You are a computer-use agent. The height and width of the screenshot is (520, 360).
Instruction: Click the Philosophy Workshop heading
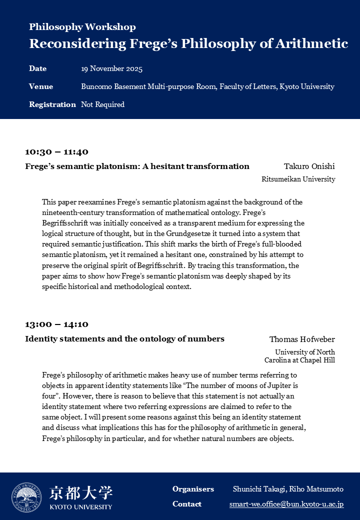(82, 27)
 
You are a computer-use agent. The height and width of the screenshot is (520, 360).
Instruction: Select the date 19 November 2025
(111, 69)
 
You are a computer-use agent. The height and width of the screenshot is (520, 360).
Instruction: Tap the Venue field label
(41, 86)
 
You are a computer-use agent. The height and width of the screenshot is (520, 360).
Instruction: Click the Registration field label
(52, 104)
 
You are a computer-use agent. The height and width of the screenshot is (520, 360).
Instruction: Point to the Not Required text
(102, 104)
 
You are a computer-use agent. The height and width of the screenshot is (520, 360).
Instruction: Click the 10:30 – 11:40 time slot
(56, 152)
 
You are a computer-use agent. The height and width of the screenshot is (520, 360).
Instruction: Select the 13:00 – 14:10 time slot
(56, 324)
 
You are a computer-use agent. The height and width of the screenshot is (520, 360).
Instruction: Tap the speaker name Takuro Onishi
(309, 166)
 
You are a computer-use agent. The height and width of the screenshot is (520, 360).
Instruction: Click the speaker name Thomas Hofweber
(302, 339)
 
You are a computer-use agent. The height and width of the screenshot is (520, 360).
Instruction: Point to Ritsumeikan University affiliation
(298, 179)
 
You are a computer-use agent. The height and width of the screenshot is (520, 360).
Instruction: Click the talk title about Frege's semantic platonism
(137, 166)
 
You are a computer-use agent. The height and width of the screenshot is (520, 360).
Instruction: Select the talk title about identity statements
(124, 339)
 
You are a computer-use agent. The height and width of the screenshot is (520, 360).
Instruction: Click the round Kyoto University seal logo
(26, 497)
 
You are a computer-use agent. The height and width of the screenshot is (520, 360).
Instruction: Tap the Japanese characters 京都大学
(80, 493)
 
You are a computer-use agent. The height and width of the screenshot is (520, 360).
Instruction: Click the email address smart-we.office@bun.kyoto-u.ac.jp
(286, 504)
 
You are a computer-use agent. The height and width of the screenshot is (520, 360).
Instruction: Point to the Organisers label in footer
(193, 489)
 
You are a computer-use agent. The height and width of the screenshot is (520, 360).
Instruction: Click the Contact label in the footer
(187, 504)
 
